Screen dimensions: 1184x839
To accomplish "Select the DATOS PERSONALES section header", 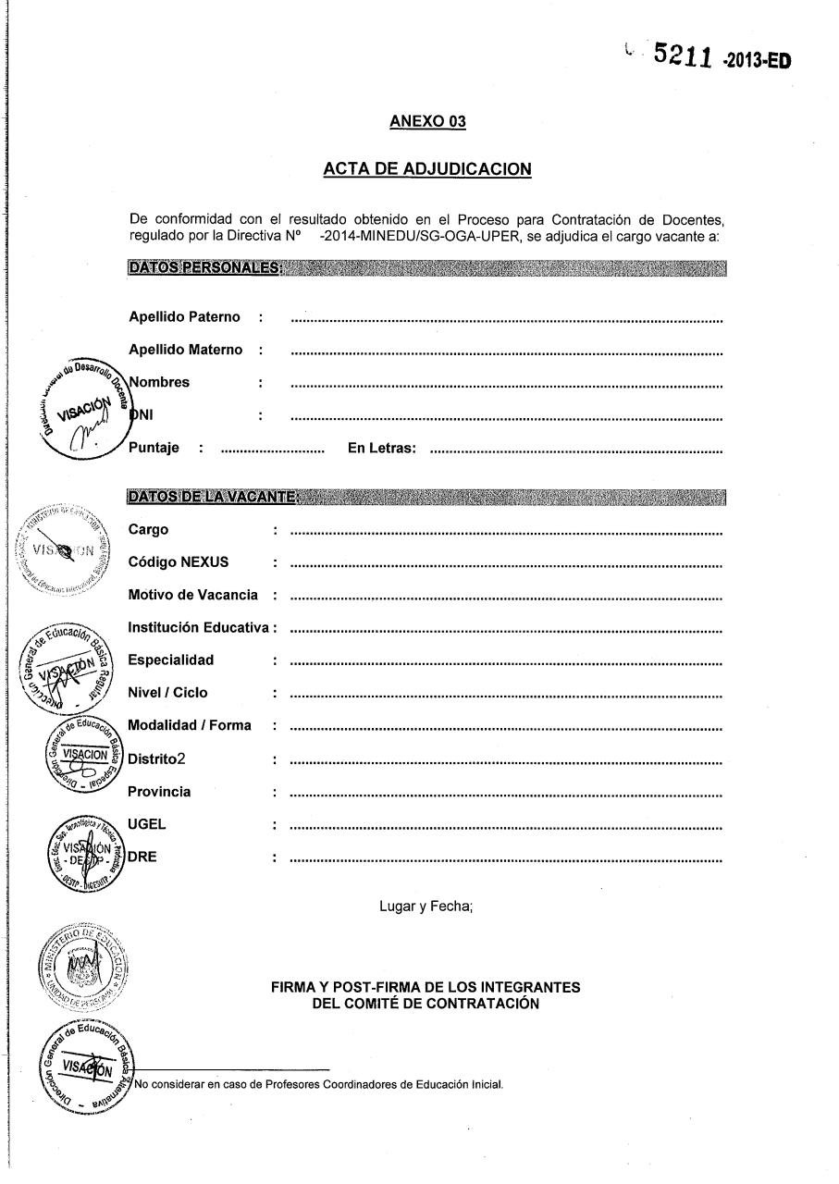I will coord(204,268).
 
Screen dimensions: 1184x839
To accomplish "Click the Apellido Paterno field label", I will coord(185,317).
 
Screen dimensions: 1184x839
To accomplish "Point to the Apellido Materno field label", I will coord(186,350).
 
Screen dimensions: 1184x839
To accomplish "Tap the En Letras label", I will coord(381,449).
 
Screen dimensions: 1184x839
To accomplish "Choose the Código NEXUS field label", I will coord(179,562).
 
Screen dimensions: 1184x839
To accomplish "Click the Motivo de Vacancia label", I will coord(193,595).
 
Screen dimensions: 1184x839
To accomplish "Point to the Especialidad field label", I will coord(171,660).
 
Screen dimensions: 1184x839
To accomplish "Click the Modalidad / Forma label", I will coord(190,725).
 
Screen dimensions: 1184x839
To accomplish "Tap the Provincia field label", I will coord(160,792).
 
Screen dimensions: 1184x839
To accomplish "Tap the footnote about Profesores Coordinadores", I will coord(319,1085).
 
